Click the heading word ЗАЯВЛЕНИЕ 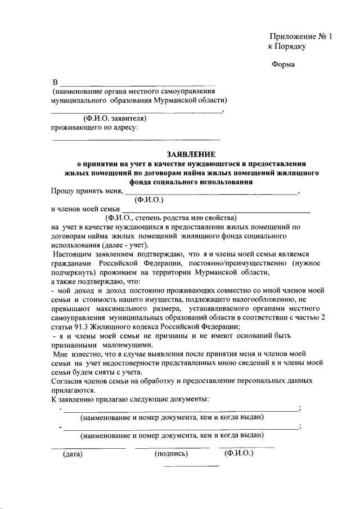(x=191, y=154)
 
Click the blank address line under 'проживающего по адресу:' (x=136, y=138)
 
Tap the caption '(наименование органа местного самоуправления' (x=134, y=91)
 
